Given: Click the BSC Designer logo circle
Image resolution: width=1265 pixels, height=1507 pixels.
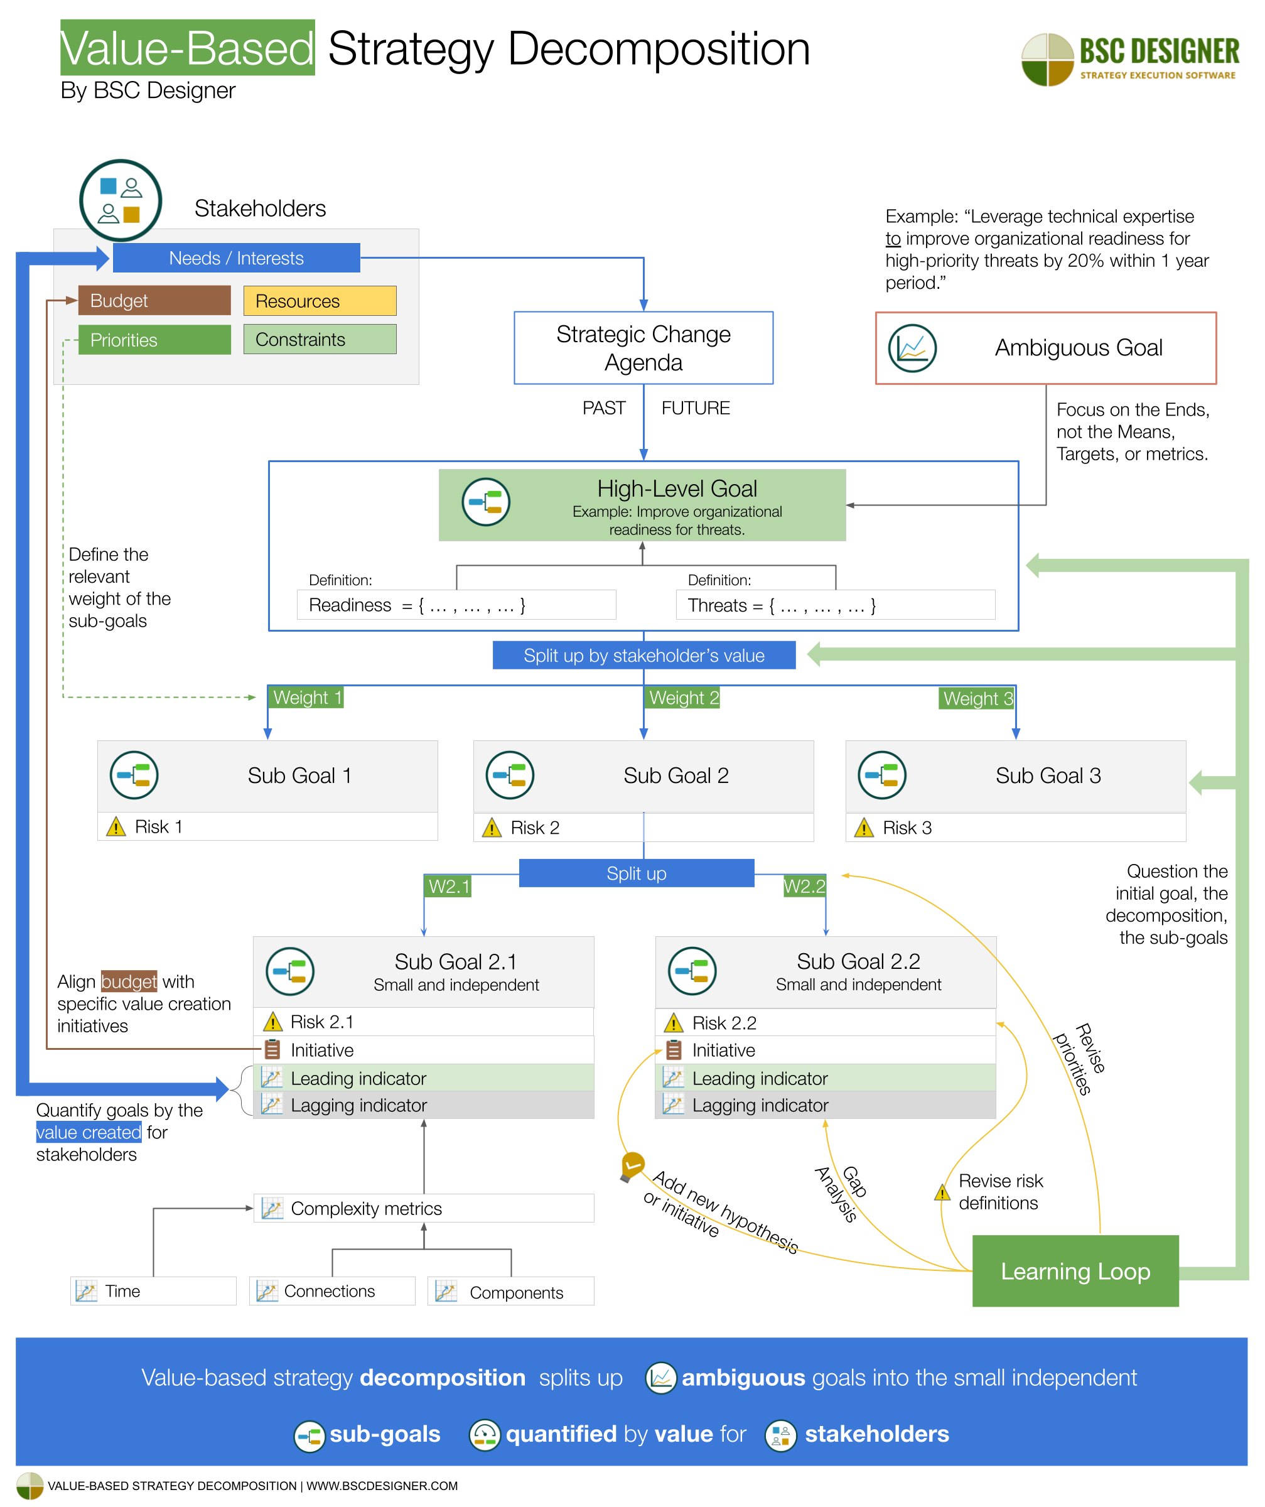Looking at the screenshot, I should [1047, 59].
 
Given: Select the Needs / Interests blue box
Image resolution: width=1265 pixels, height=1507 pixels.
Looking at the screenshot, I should [236, 257].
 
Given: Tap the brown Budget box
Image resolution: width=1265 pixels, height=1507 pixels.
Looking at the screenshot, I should [154, 301].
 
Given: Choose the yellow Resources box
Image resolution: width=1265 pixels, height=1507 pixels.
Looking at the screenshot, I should [320, 301].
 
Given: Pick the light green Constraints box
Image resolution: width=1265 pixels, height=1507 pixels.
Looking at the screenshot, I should [320, 340].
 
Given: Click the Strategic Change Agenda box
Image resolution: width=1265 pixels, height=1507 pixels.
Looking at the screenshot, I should [643, 348].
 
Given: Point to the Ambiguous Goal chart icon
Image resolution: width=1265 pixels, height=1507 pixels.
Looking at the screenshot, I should [912, 348].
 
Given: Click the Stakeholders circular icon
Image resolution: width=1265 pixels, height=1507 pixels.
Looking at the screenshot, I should [121, 200].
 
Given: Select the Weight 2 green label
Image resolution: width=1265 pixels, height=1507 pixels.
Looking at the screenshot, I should [682, 698].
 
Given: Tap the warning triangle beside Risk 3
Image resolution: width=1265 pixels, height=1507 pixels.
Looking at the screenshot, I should [864, 828].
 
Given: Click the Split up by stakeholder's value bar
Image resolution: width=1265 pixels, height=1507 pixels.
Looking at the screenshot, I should [643, 655].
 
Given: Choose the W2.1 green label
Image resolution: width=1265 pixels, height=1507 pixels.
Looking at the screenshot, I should [448, 886].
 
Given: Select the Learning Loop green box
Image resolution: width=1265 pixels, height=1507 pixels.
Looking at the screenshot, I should [1075, 1271].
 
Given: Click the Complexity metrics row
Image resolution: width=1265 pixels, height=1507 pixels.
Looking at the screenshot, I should [423, 1209].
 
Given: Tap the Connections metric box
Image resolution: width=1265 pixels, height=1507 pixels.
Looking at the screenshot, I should [331, 1291].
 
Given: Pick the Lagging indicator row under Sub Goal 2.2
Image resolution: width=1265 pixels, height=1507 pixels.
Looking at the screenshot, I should [825, 1105].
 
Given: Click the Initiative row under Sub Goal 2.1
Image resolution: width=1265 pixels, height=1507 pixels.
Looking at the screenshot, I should [423, 1050].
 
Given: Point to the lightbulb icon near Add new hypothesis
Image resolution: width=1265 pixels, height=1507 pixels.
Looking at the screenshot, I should [632, 1165].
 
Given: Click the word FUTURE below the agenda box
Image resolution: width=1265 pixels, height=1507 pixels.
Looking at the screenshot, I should [696, 408].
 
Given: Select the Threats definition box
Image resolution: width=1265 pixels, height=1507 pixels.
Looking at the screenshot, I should [835, 605].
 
